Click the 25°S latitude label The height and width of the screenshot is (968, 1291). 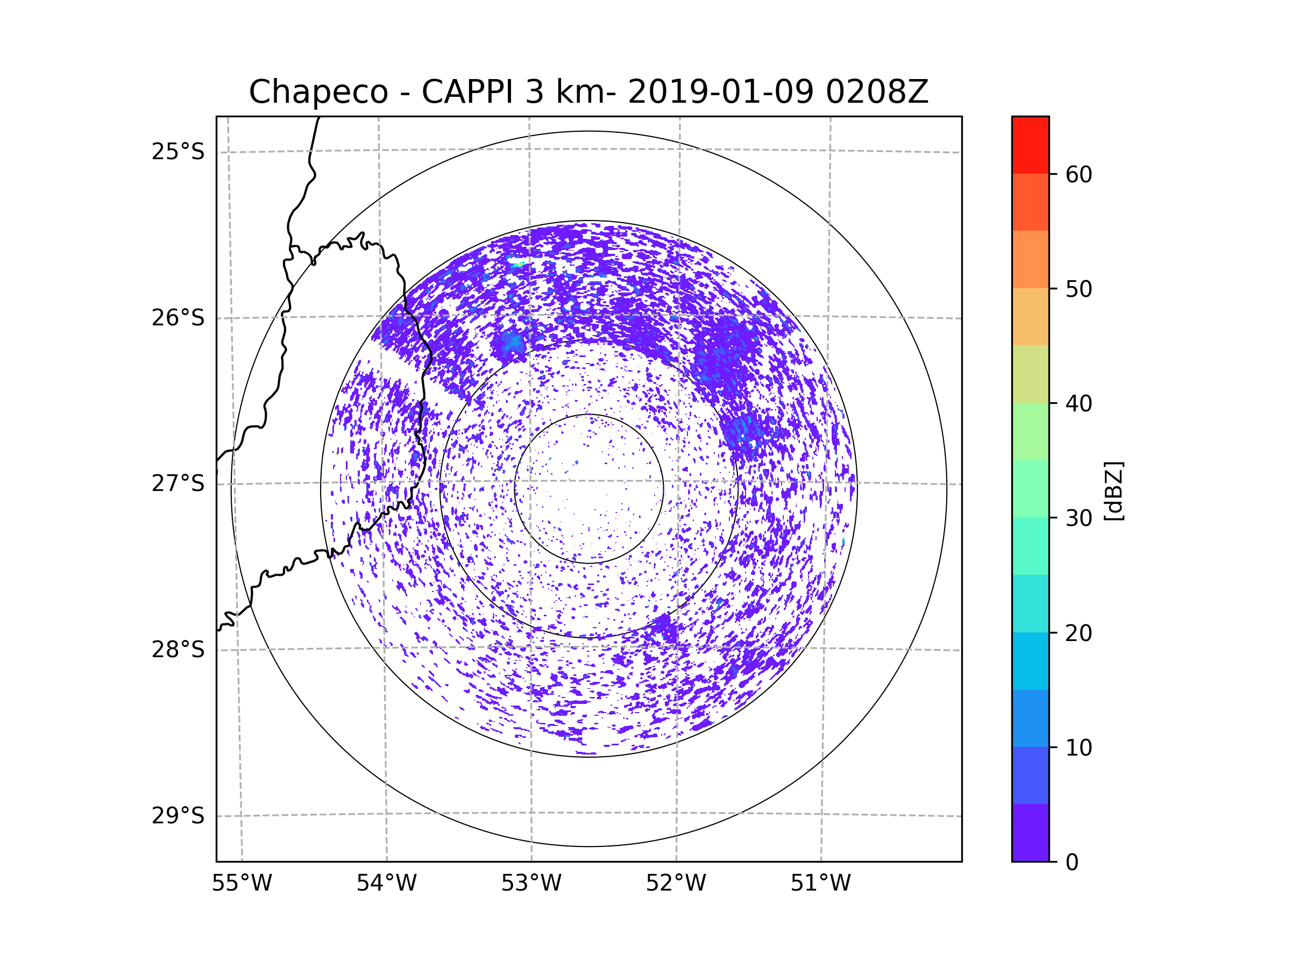click(x=178, y=152)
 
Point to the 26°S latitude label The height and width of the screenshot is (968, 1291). click(x=178, y=318)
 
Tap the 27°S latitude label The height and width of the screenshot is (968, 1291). click(x=178, y=483)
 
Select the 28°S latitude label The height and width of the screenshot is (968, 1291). click(x=178, y=650)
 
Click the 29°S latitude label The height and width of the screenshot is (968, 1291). click(x=178, y=816)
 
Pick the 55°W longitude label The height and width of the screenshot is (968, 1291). click(x=242, y=884)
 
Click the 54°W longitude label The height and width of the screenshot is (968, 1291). click(x=386, y=884)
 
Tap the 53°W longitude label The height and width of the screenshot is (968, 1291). click(x=531, y=884)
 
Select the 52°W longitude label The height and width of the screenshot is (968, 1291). click(x=676, y=884)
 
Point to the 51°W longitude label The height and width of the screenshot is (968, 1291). click(x=820, y=884)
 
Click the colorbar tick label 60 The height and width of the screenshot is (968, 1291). click(x=1079, y=174)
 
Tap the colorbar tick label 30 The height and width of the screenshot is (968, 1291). click(x=1079, y=518)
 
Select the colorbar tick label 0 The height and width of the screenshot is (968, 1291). click(x=1072, y=863)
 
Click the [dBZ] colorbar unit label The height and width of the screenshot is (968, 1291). click(x=1114, y=492)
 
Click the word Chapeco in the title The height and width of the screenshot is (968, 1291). click(x=318, y=92)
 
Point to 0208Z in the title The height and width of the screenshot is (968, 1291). click(x=877, y=91)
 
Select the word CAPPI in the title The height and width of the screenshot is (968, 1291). click(x=467, y=91)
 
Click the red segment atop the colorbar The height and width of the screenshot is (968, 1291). click(x=1030, y=145)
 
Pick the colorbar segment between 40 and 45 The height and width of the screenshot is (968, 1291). click(x=1030, y=374)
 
